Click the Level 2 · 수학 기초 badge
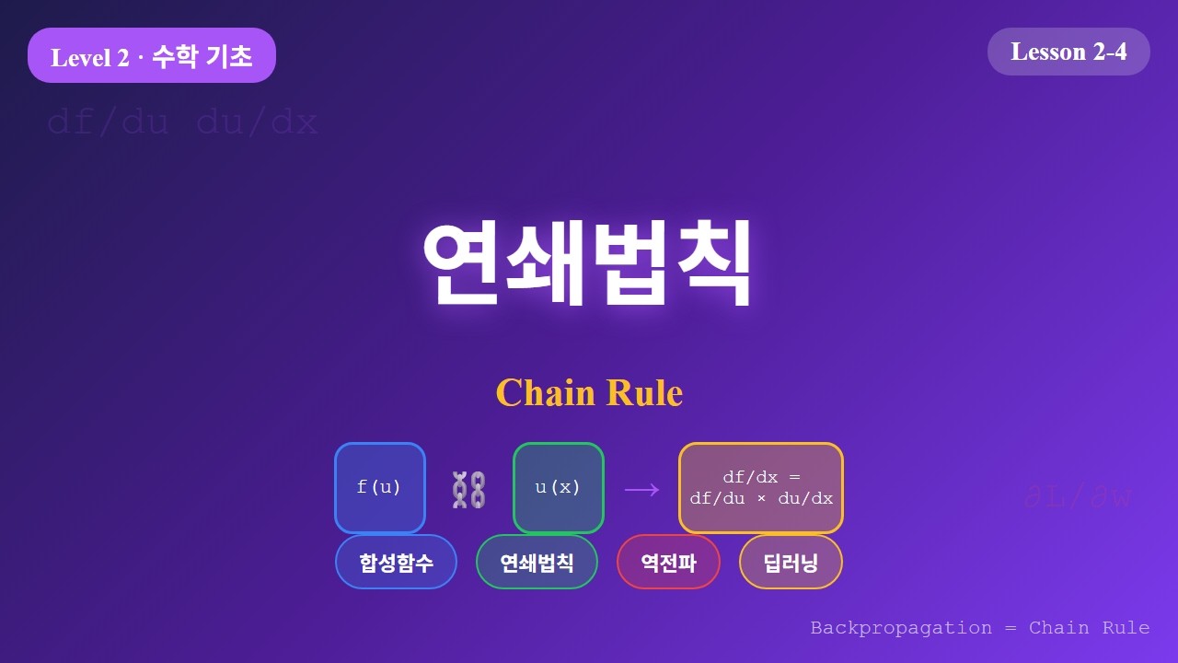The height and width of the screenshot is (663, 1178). pyautogui.click(x=152, y=56)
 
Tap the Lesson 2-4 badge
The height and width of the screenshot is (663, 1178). pyautogui.click(x=1068, y=52)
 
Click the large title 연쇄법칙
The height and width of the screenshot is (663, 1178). pyautogui.click(x=588, y=262)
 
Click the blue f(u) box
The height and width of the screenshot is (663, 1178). pyautogui.click(x=379, y=488)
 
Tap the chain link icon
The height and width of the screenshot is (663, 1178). pyautogui.click(x=468, y=489)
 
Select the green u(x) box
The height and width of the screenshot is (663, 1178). pyautogui.click(x=558, y=488)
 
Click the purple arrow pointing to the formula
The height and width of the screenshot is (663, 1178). pyautogui.click(x=641, y=489)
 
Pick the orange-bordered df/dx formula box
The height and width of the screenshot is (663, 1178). pyautogui.click(x=761, y=488)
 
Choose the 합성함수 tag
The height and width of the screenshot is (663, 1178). pyautogui.click(x=396, y=562)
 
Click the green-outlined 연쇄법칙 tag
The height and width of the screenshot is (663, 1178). pyautogui.click(x=537, y=562)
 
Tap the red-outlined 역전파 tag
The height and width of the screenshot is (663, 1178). pyautogui.click(x=668, y=562)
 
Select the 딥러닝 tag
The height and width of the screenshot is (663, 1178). pyautogui.click(x=791, y=562)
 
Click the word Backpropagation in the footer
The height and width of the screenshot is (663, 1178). pyautogui.click(x=901, y=628)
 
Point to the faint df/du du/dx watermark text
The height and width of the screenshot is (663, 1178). pyautogui.click(x=182, y=122)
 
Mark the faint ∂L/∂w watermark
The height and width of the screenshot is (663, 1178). pyautogui.click(x=1078, y=498)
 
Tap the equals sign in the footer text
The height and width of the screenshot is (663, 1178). pyautogui.click(x=1011, y=628)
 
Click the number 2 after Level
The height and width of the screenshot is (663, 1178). pyautogui.click(x=123, y=58)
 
